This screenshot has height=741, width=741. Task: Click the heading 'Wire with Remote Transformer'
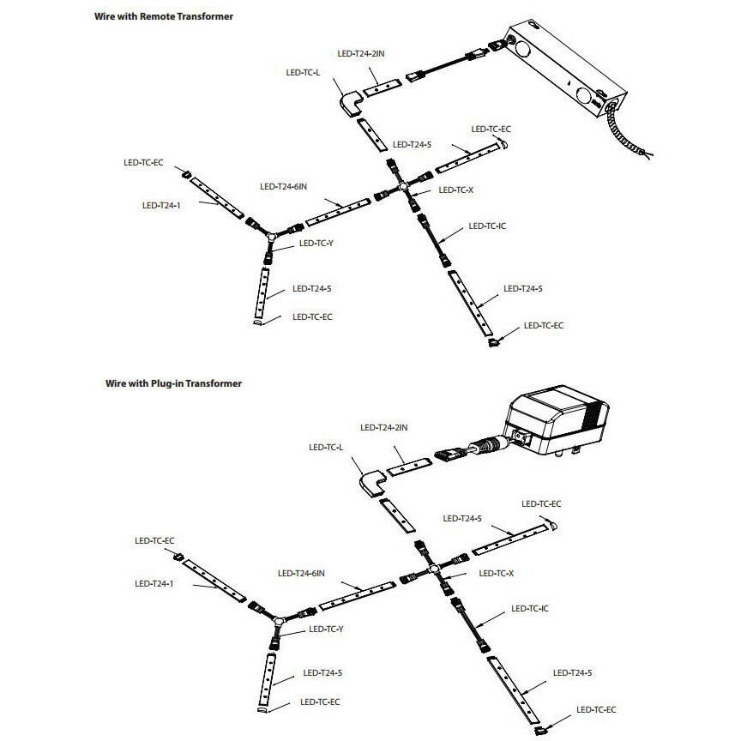click(163, 16)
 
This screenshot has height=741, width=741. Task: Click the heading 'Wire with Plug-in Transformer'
click(167, 383)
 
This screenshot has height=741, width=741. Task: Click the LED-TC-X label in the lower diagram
click(497, 573)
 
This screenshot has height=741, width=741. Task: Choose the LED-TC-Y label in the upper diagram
click(316, 244)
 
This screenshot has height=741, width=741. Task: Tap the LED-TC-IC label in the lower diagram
click(529, 608)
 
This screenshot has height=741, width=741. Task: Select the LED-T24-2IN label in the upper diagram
click(361, 53)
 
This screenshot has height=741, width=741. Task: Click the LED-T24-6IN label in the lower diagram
click(301, 573)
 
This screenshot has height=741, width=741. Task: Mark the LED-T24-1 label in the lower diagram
click(154, 583)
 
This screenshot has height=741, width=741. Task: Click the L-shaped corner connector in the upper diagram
click(349, 105)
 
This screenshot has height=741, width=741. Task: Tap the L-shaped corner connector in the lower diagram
click(371, 485)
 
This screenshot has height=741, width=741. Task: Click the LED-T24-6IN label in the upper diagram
click(283, 186)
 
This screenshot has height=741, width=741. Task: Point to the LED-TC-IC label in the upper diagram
click(487, 226)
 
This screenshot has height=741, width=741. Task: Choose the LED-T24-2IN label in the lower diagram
click(383, 427)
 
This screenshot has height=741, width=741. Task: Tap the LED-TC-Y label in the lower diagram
click(324, 630)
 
